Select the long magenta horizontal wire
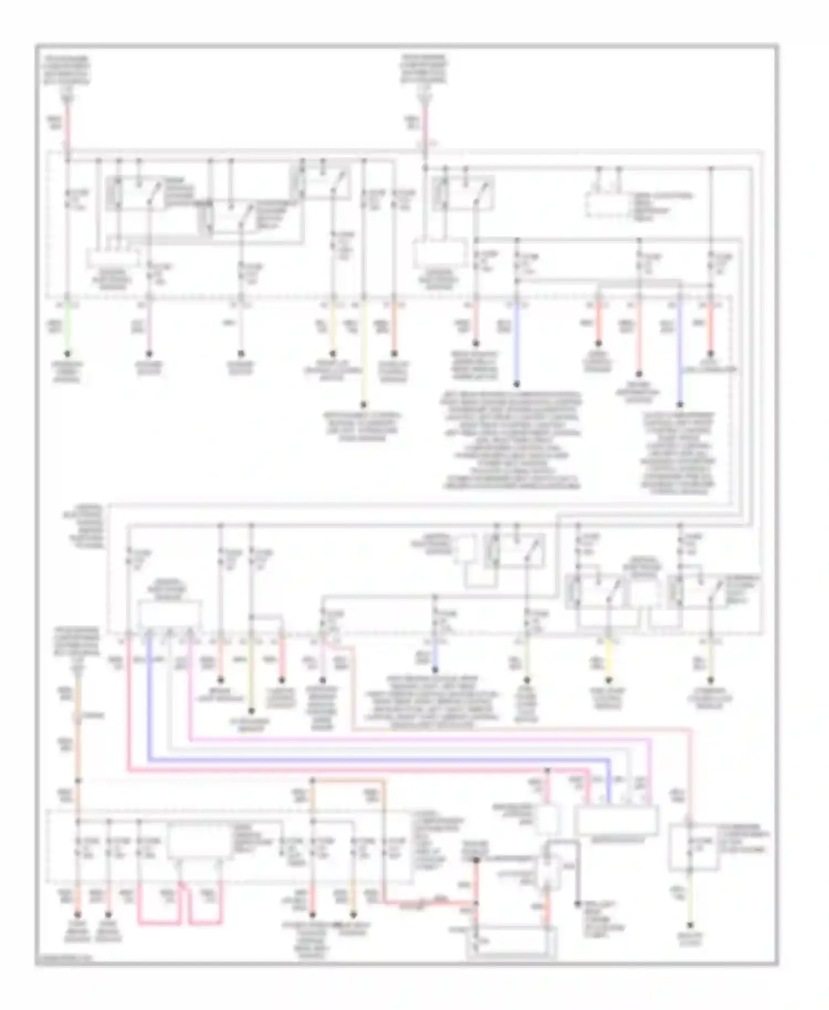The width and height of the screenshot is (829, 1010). pyautogui.click(x=420, y=740)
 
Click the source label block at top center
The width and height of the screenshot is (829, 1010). pyautogui.click(x=424, y=70)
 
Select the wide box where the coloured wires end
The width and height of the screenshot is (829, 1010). pyautogui.click(x=616, y=820)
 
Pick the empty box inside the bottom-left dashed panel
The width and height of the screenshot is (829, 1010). pyautogui.click(x=199, y=843)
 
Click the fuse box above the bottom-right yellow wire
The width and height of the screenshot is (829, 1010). pyautogui.click(x=694, y=847)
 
